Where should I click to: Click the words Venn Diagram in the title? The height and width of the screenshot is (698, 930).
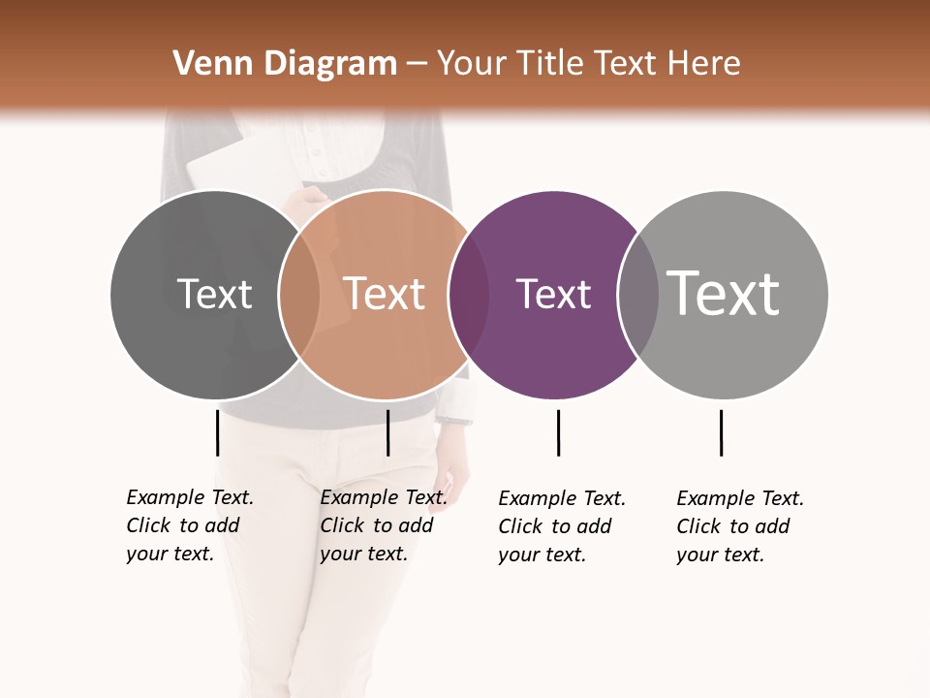pyautogui.click(x=284, y=64)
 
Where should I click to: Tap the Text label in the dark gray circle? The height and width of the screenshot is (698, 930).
pyautogui.click(x=214, y=294)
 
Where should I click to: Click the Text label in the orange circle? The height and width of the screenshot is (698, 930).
pyautogui.click(x=384, y=294)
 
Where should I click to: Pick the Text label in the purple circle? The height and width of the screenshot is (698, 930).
pyautogui.click(x=553, y=295)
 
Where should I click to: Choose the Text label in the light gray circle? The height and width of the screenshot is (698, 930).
pyautogui.click(x=723, y=294)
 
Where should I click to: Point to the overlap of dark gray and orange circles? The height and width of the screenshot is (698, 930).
pyautogui.click(x=299, y=295)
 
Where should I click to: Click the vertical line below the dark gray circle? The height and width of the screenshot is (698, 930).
pyautogui.click(x=218, y=432)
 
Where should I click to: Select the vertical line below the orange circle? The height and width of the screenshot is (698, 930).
pyautogui.click(x=387, y=432)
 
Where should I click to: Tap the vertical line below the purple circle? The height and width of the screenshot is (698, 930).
pyautogui.click(x=558, y=432)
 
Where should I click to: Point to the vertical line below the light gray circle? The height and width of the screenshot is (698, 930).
pyautogui.click(x=721, y=432)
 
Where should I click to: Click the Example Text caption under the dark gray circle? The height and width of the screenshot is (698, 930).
pyautogui.click(x=190, y=525)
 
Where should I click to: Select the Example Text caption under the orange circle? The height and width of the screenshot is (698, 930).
pyautogui.click(x=384, y=525)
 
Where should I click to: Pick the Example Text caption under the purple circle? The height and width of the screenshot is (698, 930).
pyautogui.click(x=562, y=526)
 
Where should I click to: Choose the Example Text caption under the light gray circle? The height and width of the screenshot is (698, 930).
pyautogui.click(x=740, y=526)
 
